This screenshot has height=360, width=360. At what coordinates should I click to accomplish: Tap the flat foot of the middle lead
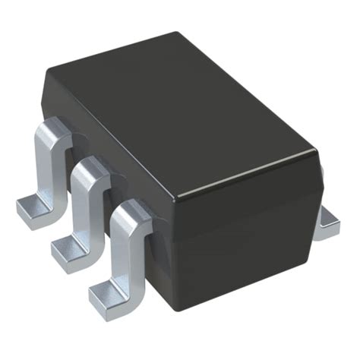pyautogui.click(x=66, y=247)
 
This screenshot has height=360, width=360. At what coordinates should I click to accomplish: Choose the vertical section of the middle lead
pyautogui.click(x=84, y=209)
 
